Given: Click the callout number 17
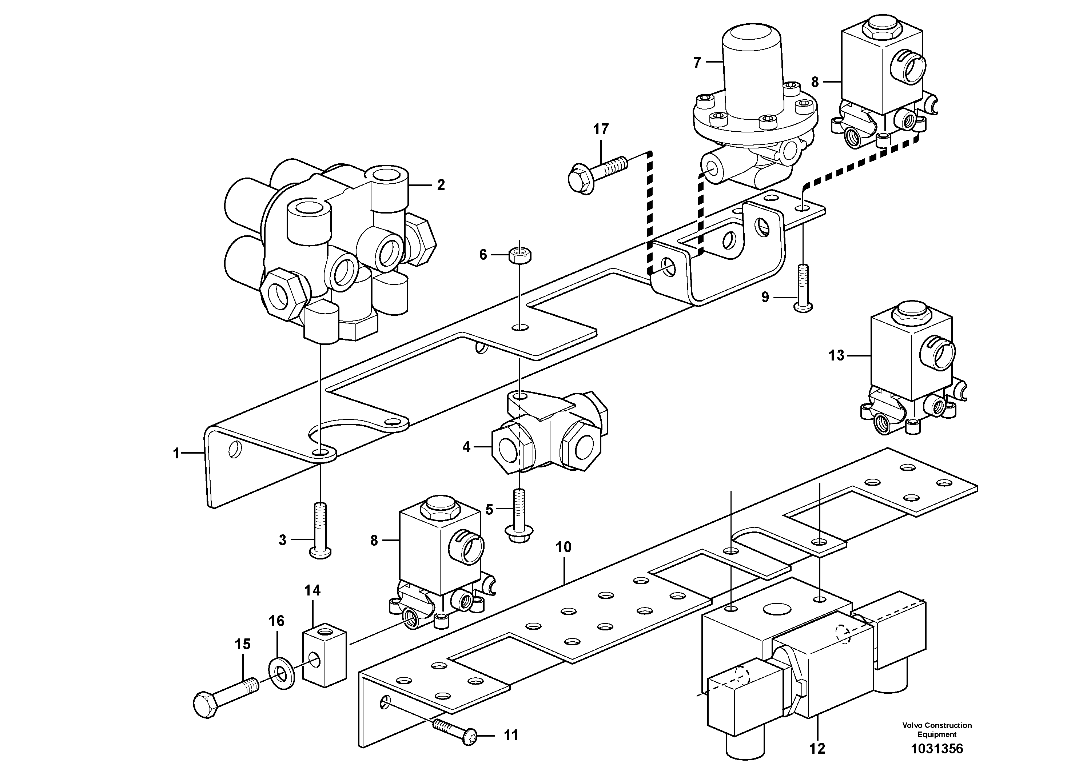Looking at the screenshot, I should [x=601, y=129].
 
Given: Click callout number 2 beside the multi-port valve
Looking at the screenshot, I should [x=441, y=185].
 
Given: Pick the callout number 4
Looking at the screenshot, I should [x=466, y=447].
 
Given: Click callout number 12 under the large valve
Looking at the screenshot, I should [x=817, y=749].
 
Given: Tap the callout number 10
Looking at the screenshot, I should [x=563, y=547].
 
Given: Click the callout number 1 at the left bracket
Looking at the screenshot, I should [x=176, y=454].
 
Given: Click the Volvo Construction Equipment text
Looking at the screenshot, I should [x=937, y=729].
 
